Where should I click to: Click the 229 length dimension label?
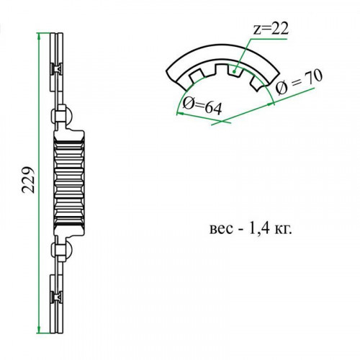click(28, 180)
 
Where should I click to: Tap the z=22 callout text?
click(271, 30)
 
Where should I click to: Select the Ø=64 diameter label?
click(202, 107)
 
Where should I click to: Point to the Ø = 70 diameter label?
click(298, 81)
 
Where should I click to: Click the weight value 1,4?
click(259, 228)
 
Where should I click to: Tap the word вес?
click(221, 230)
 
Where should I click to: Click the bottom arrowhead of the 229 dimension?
click(38, 329)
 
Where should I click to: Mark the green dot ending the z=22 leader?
click(235, 71)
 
